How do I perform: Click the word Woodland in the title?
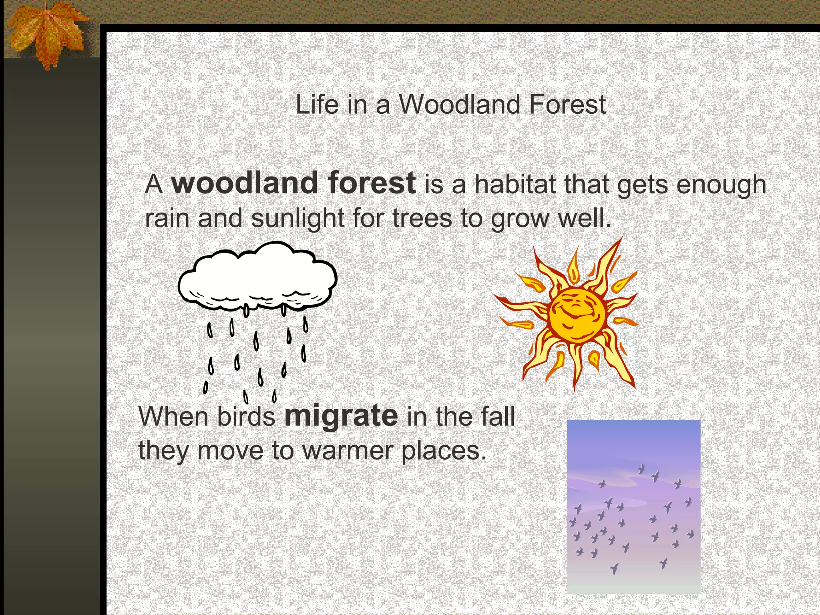click(460, 105)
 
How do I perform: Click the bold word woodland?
click(245, 183)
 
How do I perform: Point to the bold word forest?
click(372, 183)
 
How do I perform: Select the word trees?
click(422, 219)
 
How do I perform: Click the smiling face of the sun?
click(577, 315)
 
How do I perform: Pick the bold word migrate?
click(341, 417)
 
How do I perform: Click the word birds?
click(246, 417)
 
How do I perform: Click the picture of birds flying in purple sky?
click(633, 507)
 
